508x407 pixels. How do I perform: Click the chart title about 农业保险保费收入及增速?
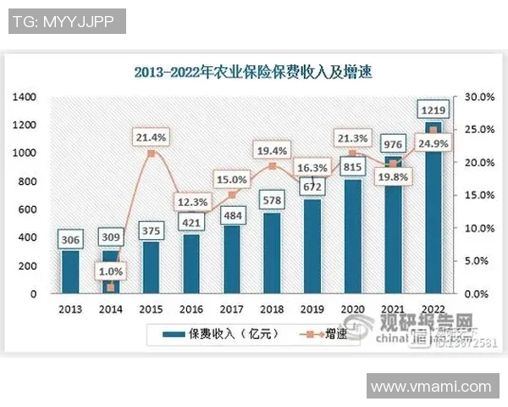pyautogui.click(x=253, y=72)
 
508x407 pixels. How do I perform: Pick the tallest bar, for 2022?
pyautogui.click(x=433, y=208)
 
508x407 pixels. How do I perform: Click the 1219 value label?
pyautogui.click(x=434, y=109)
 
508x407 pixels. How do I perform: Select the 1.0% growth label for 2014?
pyautogui.click(x=111, y=271)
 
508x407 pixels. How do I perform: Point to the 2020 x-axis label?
pyautogui.click(x=351, y=309)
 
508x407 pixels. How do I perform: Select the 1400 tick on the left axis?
pyautogui.click(x=25, y=97)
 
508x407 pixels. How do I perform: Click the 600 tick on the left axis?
pyautogui.click(x=28, y=209)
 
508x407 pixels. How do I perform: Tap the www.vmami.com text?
pyautogui.click(x=431, y=386)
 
